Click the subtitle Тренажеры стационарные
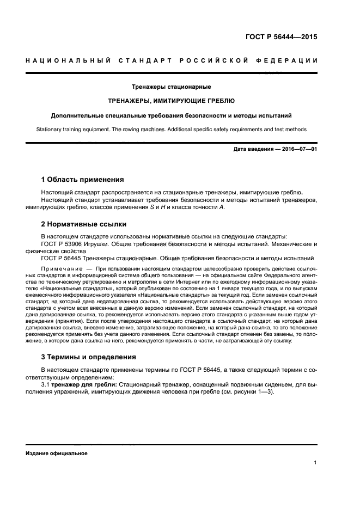(172, 87)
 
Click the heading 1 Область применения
(83, 179)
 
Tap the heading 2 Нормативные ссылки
(84, 224)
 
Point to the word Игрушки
(96, 243)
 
